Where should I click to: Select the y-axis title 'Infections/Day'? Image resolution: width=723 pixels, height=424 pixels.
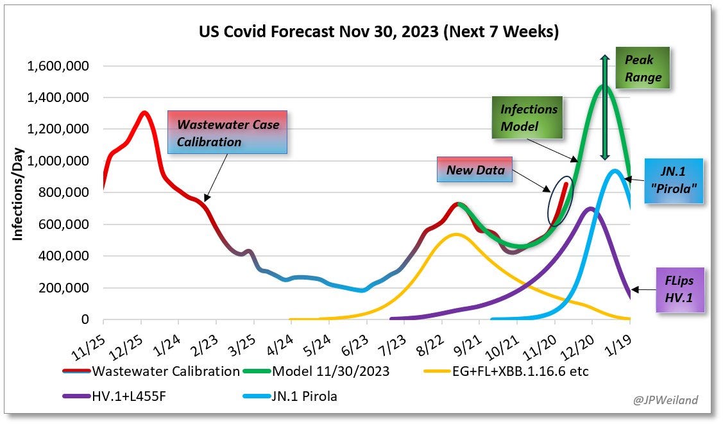[x=18, y=192]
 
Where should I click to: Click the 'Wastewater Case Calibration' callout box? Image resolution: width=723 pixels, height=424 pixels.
[x=228, y=133]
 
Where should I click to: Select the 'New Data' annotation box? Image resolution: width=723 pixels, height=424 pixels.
[x=475, y=170]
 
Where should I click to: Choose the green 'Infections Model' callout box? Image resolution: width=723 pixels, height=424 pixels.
[x=529, y=117]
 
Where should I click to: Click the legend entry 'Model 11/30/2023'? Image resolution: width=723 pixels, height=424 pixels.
[x=331, y=371]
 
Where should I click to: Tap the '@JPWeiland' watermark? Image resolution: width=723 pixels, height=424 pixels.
[x=665, y=400]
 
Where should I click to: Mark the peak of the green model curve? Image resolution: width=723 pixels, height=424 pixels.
[x=603, y=86]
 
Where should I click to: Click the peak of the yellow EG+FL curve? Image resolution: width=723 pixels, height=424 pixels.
[x=456, y=234]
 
